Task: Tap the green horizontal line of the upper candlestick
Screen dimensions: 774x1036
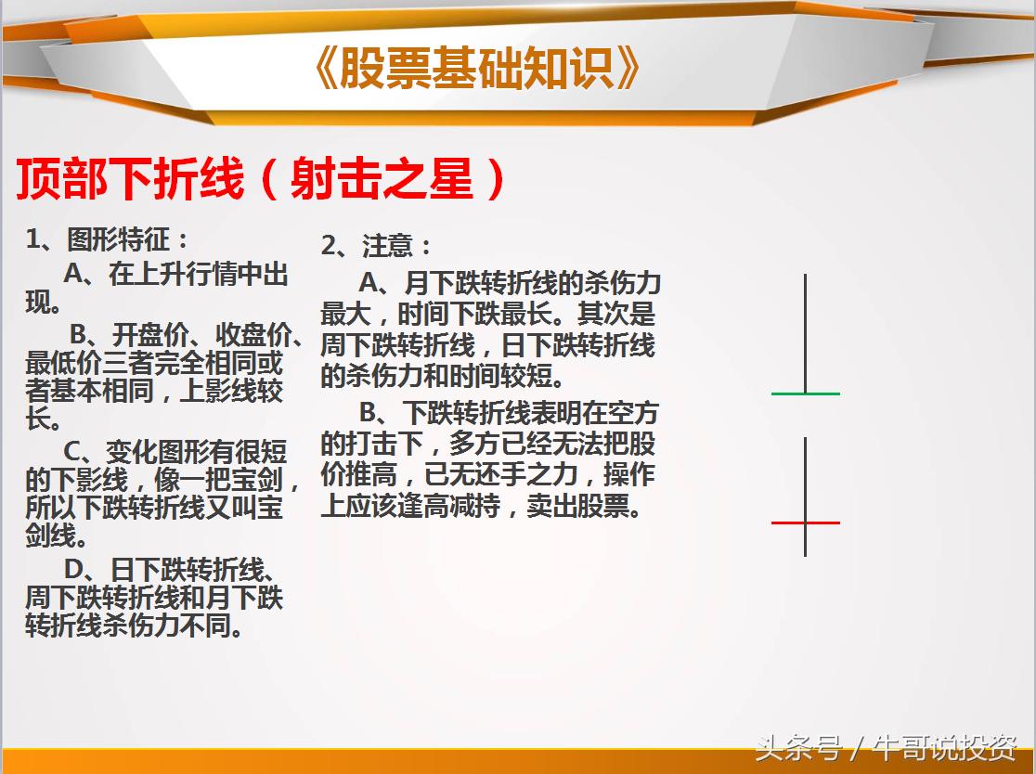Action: point(805,393)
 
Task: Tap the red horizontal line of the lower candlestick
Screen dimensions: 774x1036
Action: point(805,522)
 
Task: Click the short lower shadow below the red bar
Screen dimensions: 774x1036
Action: point(805,540)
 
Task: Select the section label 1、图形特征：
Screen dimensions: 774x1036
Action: point(108,239)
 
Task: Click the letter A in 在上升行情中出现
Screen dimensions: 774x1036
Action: point(74,275)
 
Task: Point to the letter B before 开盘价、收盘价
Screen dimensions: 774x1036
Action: point(80,334)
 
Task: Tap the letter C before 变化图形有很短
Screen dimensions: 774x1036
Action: point(74,452)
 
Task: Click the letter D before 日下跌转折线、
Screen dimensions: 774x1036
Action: point(74,569)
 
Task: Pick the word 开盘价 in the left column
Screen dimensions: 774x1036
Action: point(144,334)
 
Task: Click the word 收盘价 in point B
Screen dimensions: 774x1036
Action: point(247,334)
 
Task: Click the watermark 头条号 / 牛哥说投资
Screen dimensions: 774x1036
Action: point(886,747)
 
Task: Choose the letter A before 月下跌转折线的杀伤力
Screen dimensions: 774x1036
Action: point(369,282)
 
